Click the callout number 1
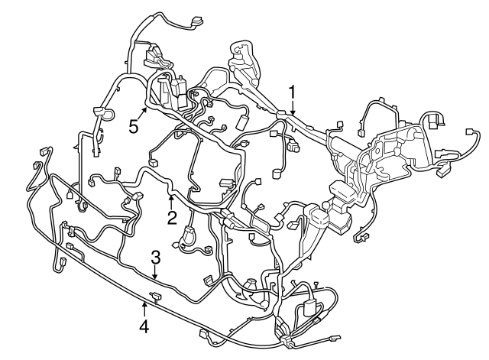[x=292, y=92]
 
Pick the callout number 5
[x=134, y=126]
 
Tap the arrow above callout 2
[x=171, y=202]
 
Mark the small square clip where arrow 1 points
[x=283, y=115]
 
